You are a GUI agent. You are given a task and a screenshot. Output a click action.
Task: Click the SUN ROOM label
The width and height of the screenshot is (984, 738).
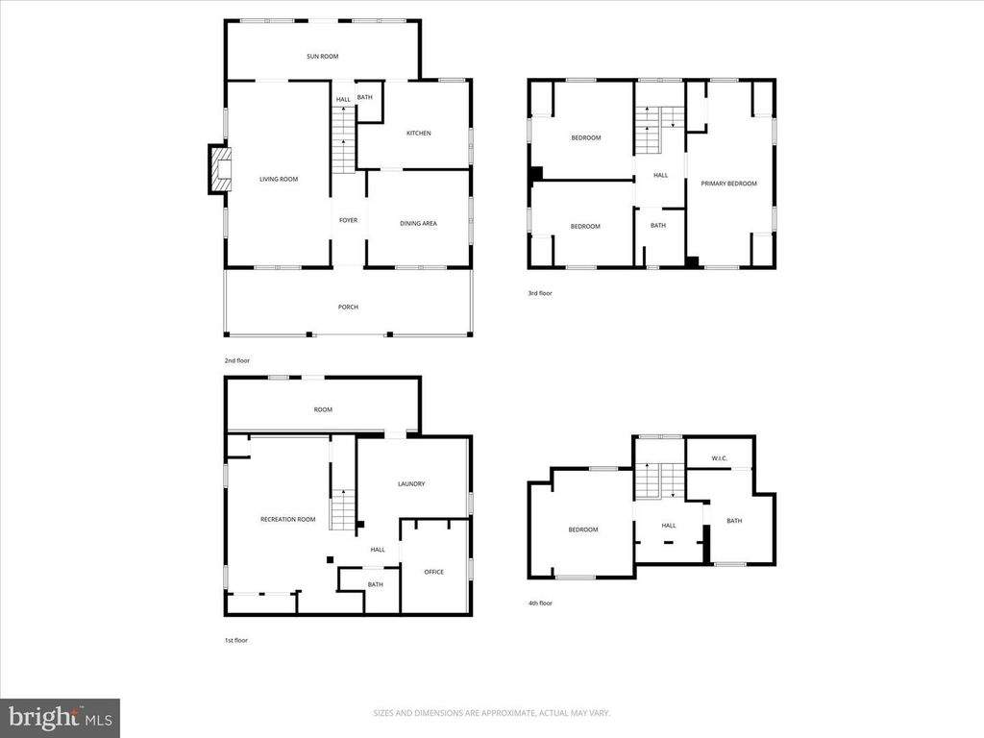click(x=323, y=57)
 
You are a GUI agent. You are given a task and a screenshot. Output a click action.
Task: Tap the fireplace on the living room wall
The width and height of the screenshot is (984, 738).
click(x=220, y=169)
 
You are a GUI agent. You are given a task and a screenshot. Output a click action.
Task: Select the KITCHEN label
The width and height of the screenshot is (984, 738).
click(x=419, y=133)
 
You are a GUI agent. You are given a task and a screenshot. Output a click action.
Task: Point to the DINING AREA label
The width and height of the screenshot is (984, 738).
click(x=419, y=223)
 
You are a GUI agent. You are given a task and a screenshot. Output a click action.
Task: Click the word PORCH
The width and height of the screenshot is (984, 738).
click(x=348, y=307)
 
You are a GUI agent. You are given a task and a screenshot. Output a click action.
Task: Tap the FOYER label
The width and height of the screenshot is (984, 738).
click(x=348, y=220)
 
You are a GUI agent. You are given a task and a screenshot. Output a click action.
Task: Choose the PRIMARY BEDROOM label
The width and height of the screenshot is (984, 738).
click(x=728, y=184)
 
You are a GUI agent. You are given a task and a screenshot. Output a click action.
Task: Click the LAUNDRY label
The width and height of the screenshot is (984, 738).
click(x=411, y=484)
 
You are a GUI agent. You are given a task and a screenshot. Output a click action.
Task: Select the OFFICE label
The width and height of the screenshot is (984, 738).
click(x=433, y=572)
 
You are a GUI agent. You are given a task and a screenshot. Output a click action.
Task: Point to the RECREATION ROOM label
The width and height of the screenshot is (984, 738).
click(x=288, y=520)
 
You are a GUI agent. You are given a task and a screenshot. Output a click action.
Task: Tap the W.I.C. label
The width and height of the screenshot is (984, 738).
click(x=720, y=458)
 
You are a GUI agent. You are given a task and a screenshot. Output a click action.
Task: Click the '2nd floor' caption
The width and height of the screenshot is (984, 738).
click(x=237, y=361)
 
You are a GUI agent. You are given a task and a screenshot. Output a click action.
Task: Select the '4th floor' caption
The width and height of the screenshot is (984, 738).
click(x=540, y=603)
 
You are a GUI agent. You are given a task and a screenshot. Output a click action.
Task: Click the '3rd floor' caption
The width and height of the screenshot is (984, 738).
click(x=540, y=293)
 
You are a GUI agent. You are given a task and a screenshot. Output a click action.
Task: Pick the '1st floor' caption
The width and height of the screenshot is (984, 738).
click(x=236, y=640)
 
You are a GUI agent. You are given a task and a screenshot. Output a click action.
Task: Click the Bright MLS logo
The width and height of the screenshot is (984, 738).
click(x=61, y=717)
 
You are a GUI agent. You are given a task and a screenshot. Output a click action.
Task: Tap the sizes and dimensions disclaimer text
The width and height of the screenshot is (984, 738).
click(x=491, y=713)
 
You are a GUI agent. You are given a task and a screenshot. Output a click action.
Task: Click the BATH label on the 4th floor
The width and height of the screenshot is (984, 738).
click(x=734, y=521)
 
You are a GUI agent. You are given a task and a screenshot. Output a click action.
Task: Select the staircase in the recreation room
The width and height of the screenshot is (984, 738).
click(x=343, y=510)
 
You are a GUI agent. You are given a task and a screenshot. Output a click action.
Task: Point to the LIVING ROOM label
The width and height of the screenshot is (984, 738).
click(x=279, y=180)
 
